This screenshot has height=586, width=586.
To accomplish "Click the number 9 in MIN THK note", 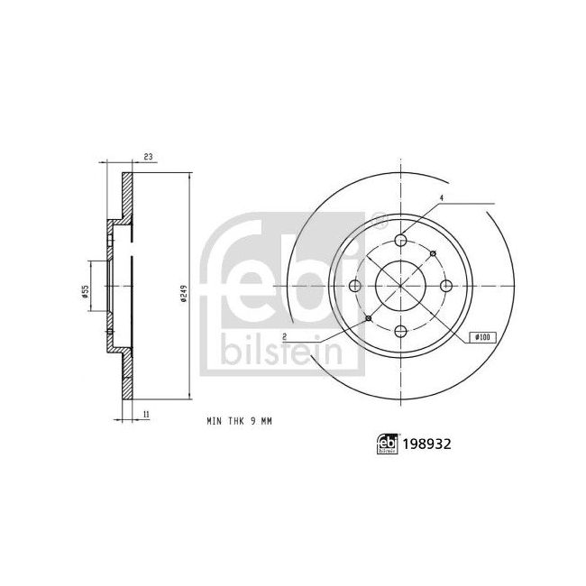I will pyautogui.click(x=253, y=421).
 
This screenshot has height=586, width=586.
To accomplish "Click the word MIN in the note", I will pyautogui.click(x=215, y=421).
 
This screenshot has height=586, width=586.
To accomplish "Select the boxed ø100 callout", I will pyautogui.click(x=481, y=337).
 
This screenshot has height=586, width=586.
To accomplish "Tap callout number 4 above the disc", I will pyautogui.click(x=442, y=198).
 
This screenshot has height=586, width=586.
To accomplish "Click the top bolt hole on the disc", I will pyautogui.click(x=400, y=240).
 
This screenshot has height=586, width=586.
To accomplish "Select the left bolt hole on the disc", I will pyautogui.click(x=354, y=286).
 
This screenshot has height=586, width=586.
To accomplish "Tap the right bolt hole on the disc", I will pyautogui.click(x=446, y=286).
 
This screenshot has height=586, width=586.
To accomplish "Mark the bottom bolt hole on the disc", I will pyautogui.click(x=400, y=332).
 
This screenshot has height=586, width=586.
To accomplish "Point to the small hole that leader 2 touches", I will pyautogui.click(x=368, y=318).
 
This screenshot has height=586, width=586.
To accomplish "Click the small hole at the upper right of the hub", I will pyautogui.click(x=433, y=253).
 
